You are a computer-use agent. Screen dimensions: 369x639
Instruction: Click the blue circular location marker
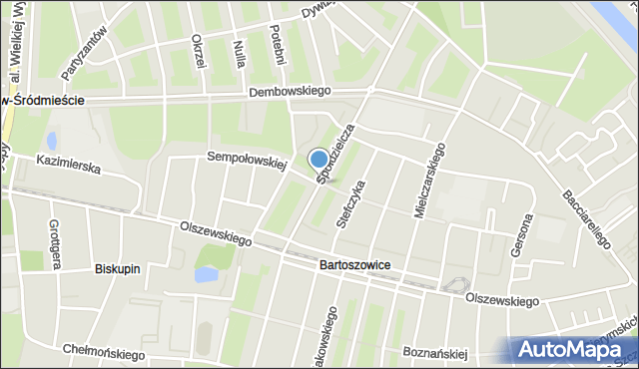coord(319,159)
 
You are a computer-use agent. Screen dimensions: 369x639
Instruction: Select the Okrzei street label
coord(200,52)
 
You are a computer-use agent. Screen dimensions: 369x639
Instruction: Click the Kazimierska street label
coord(68,164)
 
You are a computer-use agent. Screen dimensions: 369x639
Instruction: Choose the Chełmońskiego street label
coord(100,350)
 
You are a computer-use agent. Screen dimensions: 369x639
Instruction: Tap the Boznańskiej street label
coord(434,352)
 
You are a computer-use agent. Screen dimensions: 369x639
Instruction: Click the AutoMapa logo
coord(572,350)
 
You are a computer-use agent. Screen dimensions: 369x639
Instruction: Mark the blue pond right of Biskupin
coord(207,273)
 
